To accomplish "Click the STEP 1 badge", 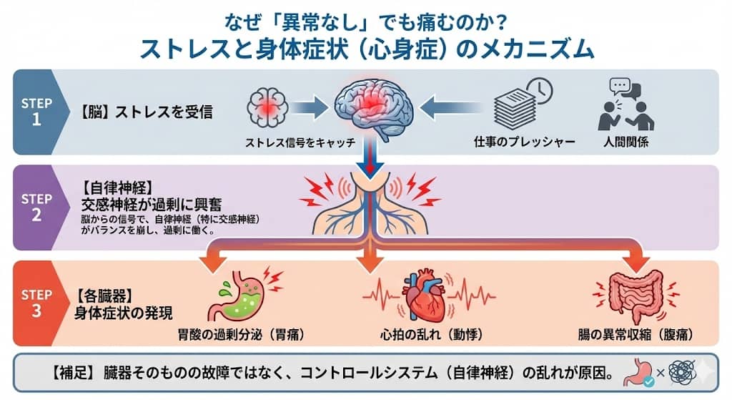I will (36, 111).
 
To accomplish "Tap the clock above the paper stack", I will (540, 89).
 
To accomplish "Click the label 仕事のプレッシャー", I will (524, 142).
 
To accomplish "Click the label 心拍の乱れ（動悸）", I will (425, 334).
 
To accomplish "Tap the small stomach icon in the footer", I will (638, 372).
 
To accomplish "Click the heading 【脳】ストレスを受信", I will (146, 112).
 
